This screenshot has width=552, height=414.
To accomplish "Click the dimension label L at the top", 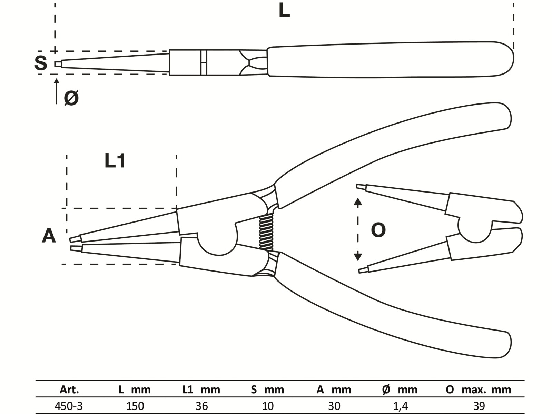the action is (x=284, y=11).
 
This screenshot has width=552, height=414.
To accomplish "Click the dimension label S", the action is (x=40, y=63).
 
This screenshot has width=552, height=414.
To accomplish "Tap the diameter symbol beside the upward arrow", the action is (x=71, y=98).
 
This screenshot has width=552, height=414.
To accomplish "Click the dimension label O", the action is (x=378, y=230).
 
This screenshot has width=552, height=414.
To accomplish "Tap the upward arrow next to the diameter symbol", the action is (x=57, y=91).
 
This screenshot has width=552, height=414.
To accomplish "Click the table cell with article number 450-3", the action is (x=69, y=406).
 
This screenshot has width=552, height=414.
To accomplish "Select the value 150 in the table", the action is (x=135, y=406).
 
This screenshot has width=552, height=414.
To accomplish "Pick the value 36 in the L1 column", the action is (x=202, y=406).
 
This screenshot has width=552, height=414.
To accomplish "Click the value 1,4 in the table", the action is (x=400, y=406).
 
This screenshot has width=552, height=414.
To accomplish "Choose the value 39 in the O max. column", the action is (x=479, y=406).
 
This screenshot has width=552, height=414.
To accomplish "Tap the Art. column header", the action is (x=69, y=390).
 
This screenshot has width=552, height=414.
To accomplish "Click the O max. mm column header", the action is (x=479, y=390).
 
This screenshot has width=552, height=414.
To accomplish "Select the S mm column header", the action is (x=267, y=390).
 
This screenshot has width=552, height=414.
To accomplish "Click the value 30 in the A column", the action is (x=334, y=406).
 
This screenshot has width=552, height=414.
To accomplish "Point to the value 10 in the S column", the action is (x=268, y=406).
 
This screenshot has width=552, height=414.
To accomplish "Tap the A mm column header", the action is (x=334, y=390).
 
